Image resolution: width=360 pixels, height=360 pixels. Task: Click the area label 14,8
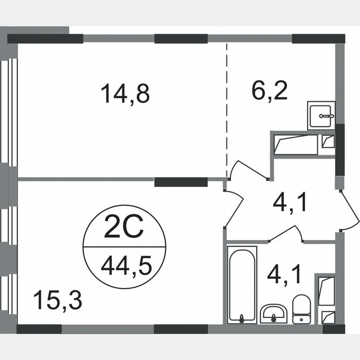[x=125, y=94]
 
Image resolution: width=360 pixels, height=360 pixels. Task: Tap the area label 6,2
[x=269, y=91]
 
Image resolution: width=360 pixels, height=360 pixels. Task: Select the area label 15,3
[x=57, y=300]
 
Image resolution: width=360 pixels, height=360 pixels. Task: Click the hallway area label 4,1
[x=290, y=204]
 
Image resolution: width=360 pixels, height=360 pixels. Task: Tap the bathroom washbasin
[x=273, y=313]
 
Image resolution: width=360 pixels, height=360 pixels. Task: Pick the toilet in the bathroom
[x=301, y=309]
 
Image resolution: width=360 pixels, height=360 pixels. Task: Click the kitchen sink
[x=322, y=115]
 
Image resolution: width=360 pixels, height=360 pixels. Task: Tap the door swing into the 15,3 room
[x=234, y=208]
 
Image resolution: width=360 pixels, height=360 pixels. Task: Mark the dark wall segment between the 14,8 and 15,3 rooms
[x=181, y=182]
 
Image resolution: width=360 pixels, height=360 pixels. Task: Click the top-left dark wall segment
[x=45, y=39]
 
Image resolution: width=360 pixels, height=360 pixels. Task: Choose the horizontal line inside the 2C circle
[x=125, y=247]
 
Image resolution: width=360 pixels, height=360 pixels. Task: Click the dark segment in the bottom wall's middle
[x=181, y=329]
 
